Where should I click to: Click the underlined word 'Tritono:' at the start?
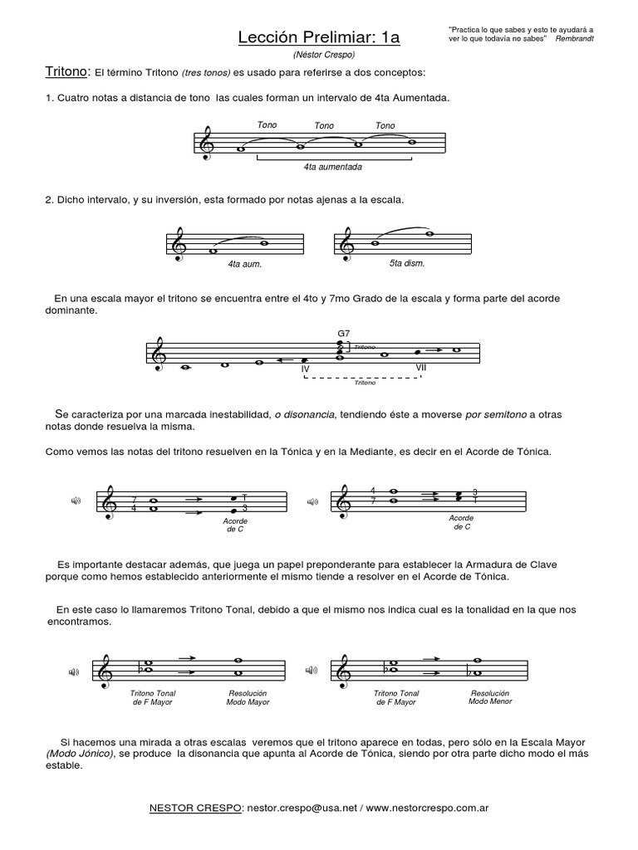tap(66, 72)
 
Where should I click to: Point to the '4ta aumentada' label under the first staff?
tap(333, 166)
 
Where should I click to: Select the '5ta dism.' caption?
tap(407, 263)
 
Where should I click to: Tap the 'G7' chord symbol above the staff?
tap(343, 334)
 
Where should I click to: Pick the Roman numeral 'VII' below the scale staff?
tap(422, 367)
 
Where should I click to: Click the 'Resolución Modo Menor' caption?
tap(490, 696)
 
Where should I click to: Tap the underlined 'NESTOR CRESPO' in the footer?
tap(194, 806)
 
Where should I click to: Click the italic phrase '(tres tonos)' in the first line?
tap(197, 73)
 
